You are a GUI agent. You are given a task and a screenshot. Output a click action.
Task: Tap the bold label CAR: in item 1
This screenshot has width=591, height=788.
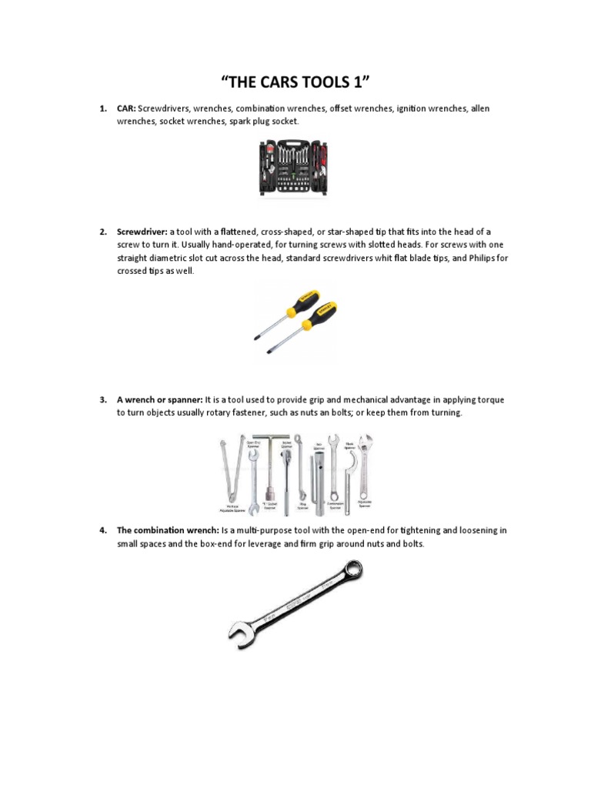pos(126,109)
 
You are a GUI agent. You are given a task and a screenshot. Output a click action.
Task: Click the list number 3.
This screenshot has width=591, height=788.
pos(102,400)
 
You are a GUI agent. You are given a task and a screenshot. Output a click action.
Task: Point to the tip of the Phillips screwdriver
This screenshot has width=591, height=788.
pos(257,336)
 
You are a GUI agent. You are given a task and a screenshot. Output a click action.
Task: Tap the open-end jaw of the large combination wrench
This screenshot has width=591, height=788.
pos(239,636)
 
